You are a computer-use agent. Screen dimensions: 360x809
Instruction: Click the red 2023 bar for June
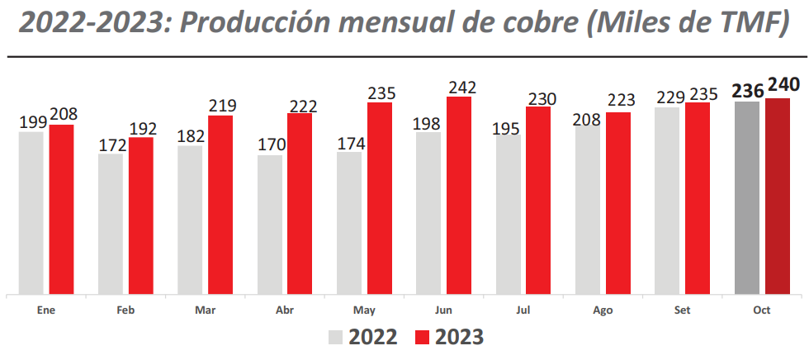[x=459, y=195]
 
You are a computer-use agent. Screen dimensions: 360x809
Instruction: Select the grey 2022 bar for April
[x=270, y=224]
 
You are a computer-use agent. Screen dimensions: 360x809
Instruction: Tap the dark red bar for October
[x=777, y=196]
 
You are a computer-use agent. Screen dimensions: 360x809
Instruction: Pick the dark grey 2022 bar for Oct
[x=747, y=197]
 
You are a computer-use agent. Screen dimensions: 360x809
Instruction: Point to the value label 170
[x=271, y=145]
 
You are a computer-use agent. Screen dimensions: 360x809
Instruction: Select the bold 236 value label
[x=746, y=89]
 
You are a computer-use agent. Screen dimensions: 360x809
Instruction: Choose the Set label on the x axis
[x=682, y=311]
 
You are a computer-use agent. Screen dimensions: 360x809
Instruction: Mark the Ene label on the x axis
[x=46, y=311]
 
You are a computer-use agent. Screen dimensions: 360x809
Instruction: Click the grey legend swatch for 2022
[x=336, y=337]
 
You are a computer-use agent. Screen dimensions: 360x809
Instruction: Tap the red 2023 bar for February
[x=141, y=216]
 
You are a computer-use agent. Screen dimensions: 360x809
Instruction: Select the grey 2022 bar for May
[x=349, y=222]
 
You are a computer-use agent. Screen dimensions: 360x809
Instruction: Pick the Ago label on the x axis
[x=603, y=311]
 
